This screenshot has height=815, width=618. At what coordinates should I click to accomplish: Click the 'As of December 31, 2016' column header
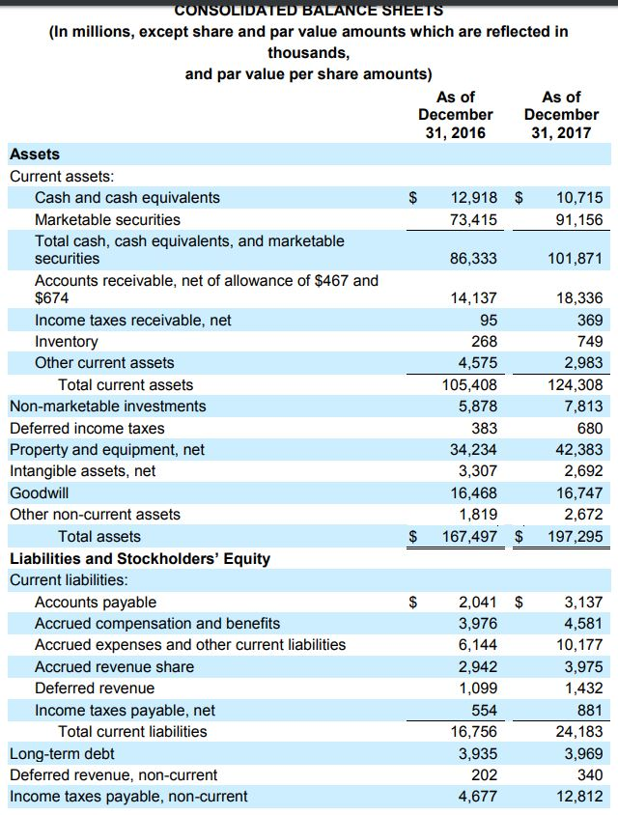click(x=455, y=114)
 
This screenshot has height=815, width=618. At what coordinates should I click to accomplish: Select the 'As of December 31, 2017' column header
click(x=561, y=114)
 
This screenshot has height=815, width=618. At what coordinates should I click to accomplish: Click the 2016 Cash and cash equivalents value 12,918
click(x=473, y=198)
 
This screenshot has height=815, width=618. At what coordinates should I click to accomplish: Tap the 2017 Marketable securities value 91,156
click(x=579, y=220)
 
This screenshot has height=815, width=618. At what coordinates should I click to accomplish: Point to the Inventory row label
click(x=66, y=342)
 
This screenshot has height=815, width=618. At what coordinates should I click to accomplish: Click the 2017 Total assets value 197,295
click(x=576, y=537)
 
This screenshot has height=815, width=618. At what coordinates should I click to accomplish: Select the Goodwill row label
click(x=39, y=492)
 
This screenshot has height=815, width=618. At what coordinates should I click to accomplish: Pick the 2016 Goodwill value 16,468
click(x=473, y=492)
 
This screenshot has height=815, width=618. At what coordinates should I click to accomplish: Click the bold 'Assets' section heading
click(x=34, y=155)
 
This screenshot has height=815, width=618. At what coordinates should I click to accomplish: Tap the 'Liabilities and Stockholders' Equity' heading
click(x=140, y=559)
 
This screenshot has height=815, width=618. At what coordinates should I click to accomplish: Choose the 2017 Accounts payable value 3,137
click(x=583, y=603)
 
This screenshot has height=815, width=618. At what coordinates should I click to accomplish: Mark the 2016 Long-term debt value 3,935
click(x=477, y=754)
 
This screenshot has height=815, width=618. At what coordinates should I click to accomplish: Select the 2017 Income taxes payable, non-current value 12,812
click(x=579, y=797)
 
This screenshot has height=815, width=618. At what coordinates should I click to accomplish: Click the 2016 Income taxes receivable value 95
click(x=488, y=321)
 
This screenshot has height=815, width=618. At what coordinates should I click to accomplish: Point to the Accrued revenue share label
click(x=114, y=667)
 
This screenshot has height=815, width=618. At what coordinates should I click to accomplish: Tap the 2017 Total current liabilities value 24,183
click(x=579, y=732)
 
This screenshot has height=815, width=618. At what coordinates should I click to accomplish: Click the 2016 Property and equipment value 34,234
click(x=473, y=450)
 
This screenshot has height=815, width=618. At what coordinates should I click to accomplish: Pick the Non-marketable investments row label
click(x=107, y=407)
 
